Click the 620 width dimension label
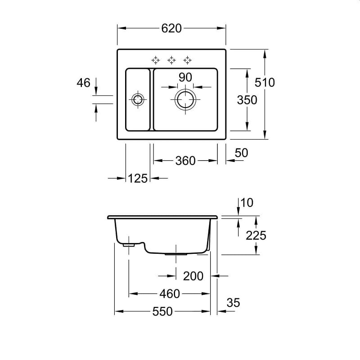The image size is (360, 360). click(171, 28)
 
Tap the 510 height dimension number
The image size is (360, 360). click(265, 82)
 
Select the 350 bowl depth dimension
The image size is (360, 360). click(247, 100)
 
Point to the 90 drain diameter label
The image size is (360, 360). click(185, 77)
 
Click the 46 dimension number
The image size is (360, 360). click(84, 83)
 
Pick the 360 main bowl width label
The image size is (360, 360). click(185, 161)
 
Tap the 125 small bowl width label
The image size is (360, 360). click(138, 178)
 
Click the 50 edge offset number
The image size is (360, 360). click(241, 153)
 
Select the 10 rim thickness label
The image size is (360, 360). click(247, 203)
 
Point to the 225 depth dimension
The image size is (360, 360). click(256, 235)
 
